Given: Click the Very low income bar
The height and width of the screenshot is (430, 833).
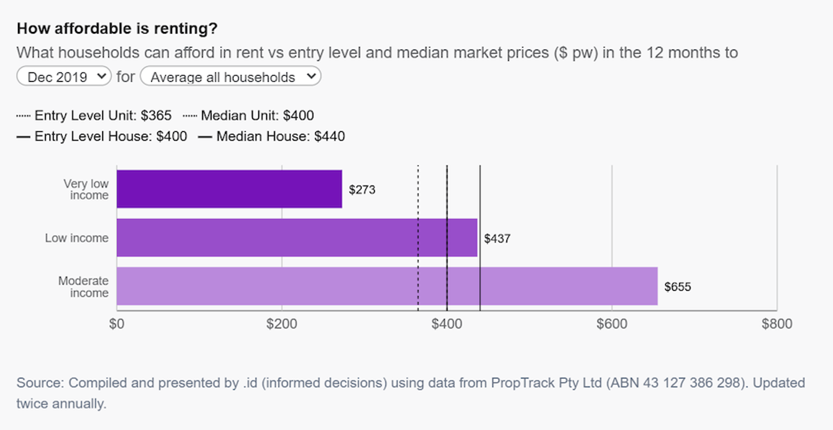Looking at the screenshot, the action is click(229, 189).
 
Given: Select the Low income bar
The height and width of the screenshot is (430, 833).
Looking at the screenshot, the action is click(297, 238).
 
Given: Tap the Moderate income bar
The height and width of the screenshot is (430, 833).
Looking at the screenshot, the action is click(387, 286).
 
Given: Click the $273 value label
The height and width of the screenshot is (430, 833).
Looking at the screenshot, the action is click(362, 190).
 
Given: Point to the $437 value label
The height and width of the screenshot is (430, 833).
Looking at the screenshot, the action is click(497, 238).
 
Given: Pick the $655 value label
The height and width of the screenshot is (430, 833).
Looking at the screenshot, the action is click(678, 287).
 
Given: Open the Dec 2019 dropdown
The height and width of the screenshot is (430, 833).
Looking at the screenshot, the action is click(64, 76).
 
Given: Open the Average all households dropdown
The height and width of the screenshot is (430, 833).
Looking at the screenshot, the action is click(230, 76).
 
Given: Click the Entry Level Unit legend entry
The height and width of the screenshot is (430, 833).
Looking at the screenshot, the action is click(94, 116).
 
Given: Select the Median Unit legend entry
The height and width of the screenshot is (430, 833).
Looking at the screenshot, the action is click(249, 116).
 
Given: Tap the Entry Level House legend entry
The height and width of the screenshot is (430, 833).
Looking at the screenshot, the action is click(101, 137).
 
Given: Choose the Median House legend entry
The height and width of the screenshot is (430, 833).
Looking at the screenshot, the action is click(271, 137).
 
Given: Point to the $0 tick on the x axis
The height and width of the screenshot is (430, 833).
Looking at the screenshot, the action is click(117, 324).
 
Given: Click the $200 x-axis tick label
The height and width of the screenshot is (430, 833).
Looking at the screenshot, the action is click(282, 324).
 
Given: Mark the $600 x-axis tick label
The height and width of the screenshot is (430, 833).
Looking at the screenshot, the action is click(612, 324).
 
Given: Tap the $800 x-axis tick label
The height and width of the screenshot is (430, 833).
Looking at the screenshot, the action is click(777, 324).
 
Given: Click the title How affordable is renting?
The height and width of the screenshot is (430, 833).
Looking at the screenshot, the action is click(117, 28).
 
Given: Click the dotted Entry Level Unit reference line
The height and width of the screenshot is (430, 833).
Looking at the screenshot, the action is click(418, 238).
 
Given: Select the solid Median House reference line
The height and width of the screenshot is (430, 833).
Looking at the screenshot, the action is click(480, 238).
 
